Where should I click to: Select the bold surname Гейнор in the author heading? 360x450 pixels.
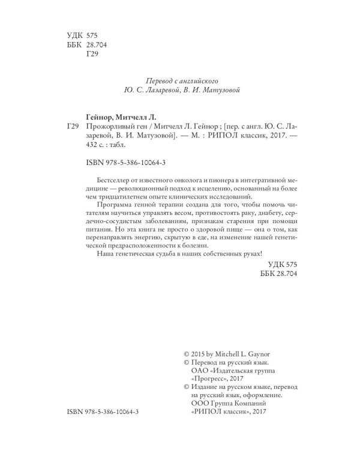98,116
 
